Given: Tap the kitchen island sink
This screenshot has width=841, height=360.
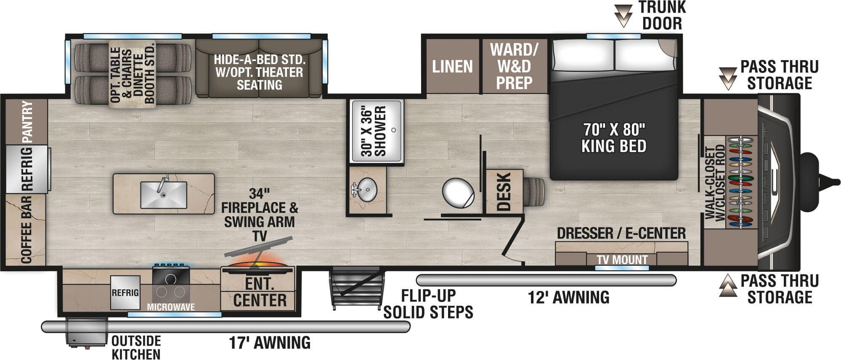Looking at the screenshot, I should pyautogui.click(x=164, y=195).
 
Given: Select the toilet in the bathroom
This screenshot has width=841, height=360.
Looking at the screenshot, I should pyautogui.click(x=459, y=193).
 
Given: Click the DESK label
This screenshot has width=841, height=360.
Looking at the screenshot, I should pyautogui.click(x=504, y=191).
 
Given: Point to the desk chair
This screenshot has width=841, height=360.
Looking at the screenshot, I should pyautogui.click(x=534, y=191).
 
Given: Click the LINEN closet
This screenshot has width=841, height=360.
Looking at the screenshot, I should pyautogui.click(x=452, y=66).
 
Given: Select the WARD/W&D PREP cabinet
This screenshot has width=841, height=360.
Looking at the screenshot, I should pyautogui.click(x=514, y=66).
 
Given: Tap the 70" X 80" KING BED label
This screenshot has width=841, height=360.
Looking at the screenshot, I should pyautogui.click(x=613, y=138).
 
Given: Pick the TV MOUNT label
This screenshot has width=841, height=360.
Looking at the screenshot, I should pyautogui.click(x=622, y=260).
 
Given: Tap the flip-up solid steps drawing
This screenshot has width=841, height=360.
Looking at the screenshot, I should pyautogui.click(x=357, y=287).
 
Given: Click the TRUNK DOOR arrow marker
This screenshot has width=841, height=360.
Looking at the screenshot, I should pyautogui.click(x=623, y=16).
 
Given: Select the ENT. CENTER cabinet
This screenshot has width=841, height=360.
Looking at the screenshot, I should pyautogui.click(x=260, y=292).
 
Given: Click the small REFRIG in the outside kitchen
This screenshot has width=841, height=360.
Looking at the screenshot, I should pyautogui.click(x=125, y=293).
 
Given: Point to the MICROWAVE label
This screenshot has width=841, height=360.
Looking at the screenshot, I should pyautogui.click(x=170, y=307).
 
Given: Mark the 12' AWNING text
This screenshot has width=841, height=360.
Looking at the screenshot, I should pyautogui.click(x=568, y=298).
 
